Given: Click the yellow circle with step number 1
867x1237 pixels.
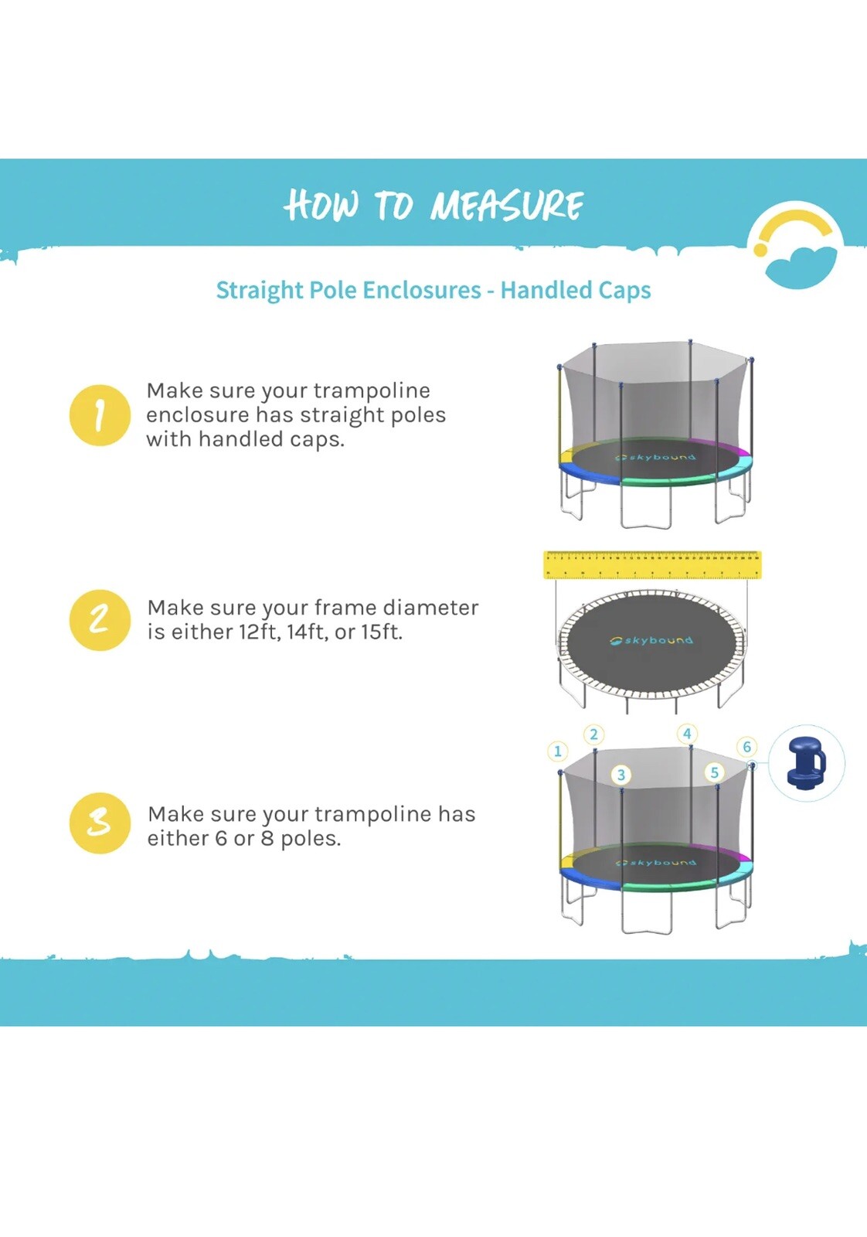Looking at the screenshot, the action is pyautogui.click(x=100, y=415).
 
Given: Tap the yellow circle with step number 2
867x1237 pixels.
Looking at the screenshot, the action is pyautogui.click(x=100, y=619).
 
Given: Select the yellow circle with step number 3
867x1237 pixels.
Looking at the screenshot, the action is pyautogui.click(x=100, y=823).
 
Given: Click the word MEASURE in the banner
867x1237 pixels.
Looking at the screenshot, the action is pyautogui.click(x=507, y=206).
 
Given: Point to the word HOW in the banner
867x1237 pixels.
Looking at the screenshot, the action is pyautogui.click(x=321, y=206).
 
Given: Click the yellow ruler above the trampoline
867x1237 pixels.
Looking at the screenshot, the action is pyautogui.click(x=652, y=564).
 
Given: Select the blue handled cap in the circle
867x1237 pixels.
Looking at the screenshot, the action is pyautogui.click(x=807, y=762).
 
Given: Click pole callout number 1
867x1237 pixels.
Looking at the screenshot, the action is pyautogui.click(x=557, y=751).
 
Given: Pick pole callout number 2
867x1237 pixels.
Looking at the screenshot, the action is pyautogui.click(x=593, y=734).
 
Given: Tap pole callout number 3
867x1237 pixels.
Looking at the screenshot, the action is pyautogui.click(x=620, y=775).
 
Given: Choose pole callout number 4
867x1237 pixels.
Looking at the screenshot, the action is pyautogui.click(x=687, y=734).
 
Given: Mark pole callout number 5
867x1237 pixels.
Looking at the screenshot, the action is pyautogui.click(x=715, y=772).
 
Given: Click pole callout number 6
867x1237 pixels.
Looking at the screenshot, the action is pyautogui.click(x=746, y=747).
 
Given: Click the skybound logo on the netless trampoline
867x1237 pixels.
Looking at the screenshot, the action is pyautogui.click(x=651, y=641).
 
